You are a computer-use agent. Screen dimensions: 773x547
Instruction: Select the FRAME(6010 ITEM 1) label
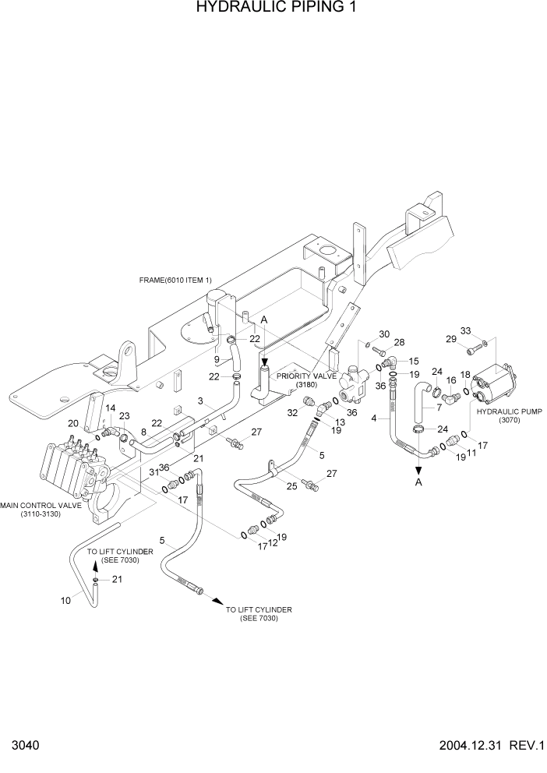click(x=175, y=281)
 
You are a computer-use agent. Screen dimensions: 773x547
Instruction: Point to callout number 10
click(x=65, y=599)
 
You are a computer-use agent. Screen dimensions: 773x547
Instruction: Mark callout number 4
click(x=375, y=418)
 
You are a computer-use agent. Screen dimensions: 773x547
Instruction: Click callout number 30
click(x=384, y=334)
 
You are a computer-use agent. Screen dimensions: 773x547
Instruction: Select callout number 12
click(x=273, y=542)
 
